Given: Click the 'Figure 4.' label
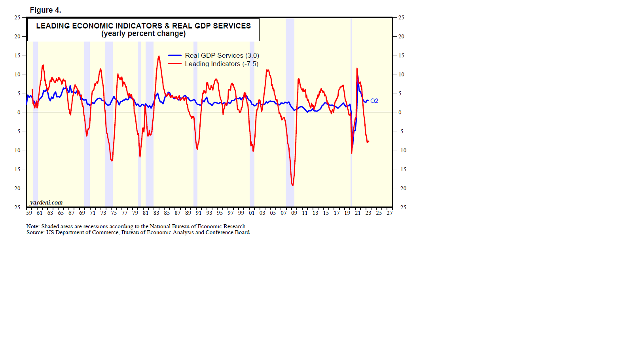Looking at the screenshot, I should coord(45,10).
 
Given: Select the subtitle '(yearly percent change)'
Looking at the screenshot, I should coord(143,34).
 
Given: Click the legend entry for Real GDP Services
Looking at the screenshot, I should coord(222,56).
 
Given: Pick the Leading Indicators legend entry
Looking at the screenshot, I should coord(221,64).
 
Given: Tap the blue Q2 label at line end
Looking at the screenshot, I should coord(374,101).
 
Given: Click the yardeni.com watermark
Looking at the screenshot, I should coord(46,203).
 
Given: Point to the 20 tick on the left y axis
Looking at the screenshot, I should coord(17,36).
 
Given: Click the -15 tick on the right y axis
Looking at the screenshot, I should coord(402,169).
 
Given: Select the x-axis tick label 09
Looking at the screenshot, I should coord(294,213).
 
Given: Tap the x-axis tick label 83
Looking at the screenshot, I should coord(156,213).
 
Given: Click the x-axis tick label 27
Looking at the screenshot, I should coord(390,213).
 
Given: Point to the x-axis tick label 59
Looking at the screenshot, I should coord(29,213).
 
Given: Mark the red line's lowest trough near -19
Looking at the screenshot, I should coord(292,185).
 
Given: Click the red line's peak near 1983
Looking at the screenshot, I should coord(159,56).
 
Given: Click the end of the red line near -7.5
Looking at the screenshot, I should coord(368,141).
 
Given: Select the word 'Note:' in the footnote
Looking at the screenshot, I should coord(33,227).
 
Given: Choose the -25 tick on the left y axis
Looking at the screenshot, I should coord(16,207).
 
